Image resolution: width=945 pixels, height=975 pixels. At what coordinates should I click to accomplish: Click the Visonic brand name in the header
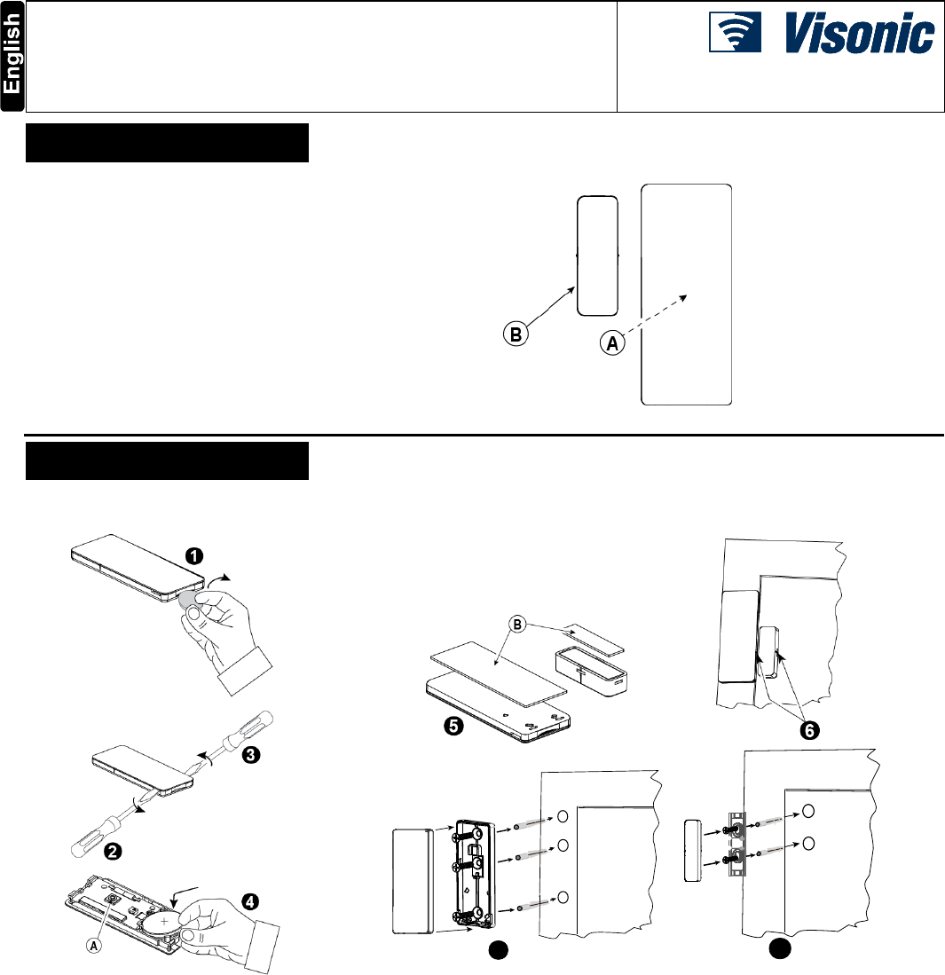coord(859,38)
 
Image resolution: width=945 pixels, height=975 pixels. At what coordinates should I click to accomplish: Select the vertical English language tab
coord(12,57)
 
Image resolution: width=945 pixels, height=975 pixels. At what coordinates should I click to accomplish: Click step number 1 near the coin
coord(193,556)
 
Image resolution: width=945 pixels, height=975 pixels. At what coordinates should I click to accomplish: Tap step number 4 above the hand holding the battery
coord(251,901)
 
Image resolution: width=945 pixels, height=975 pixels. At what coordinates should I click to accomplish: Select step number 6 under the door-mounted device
coord(808,729)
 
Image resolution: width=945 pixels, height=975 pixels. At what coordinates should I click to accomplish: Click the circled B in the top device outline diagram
coord(515,335)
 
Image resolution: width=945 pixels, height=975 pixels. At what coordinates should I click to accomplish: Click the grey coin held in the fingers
coord(189,601)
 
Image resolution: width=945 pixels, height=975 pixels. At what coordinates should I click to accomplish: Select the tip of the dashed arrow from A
coord(685,297)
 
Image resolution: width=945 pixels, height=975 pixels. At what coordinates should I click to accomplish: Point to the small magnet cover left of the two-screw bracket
coord(694,850)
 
